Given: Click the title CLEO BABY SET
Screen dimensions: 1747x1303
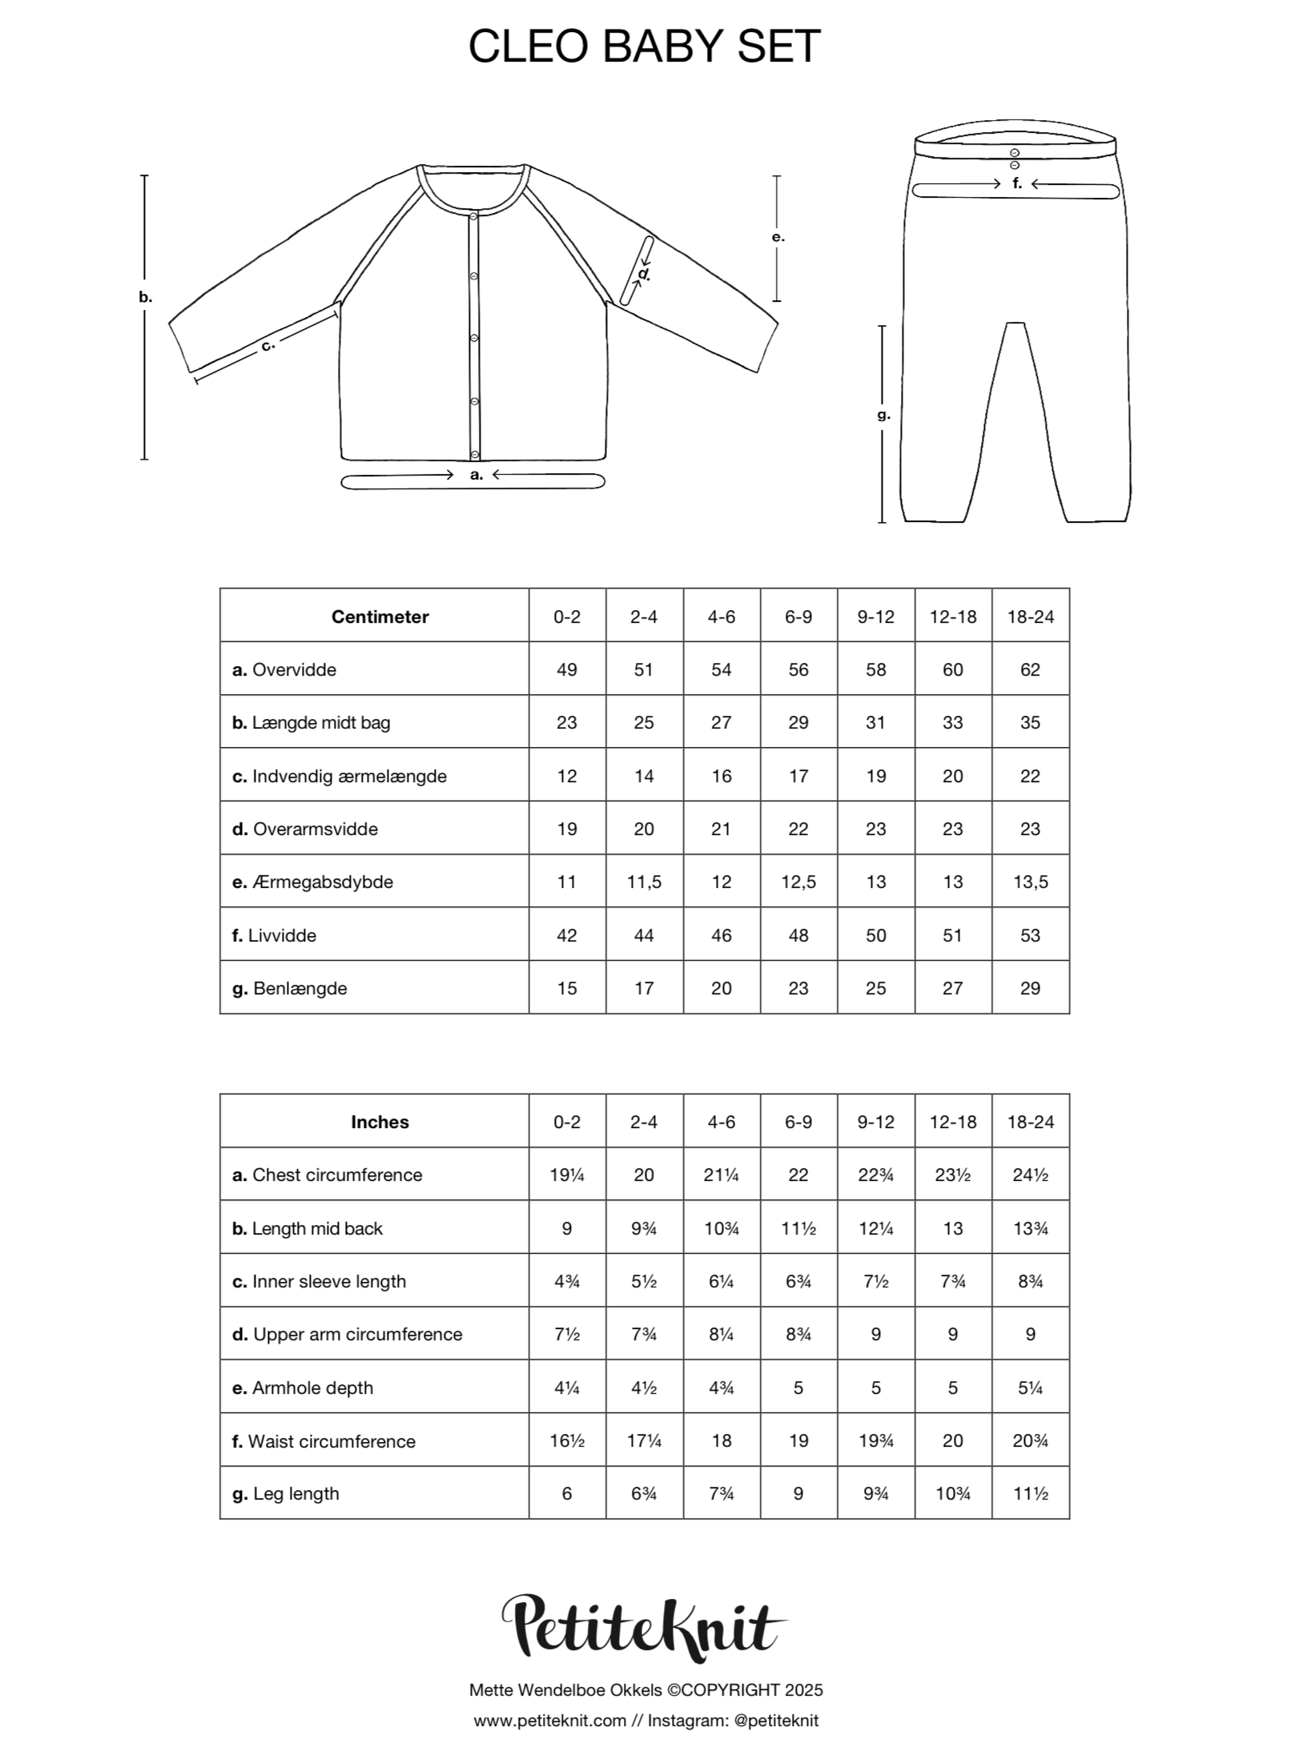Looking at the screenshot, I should coord(644,46).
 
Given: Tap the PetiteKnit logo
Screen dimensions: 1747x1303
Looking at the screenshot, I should coord(644,1625).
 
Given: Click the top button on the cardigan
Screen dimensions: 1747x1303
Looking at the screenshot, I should coord(474,216).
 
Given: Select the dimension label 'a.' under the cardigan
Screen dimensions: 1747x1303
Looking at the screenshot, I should coord(477,475).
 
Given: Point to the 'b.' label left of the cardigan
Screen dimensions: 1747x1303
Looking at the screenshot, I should coord(145,297).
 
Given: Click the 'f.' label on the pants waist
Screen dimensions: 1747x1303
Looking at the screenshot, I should coord(1017,184).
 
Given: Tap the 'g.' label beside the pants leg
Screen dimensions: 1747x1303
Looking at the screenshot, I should coord(883,415).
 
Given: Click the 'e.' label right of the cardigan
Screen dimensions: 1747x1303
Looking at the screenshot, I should coord(778,238).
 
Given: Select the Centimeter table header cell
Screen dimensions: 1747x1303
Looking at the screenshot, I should coord(380,616).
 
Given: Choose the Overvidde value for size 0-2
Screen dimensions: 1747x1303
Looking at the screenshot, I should coord(566,669).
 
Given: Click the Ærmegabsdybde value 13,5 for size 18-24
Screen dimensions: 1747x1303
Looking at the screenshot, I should coord(1030,882).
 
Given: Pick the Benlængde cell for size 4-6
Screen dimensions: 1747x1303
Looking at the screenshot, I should coord(721,988).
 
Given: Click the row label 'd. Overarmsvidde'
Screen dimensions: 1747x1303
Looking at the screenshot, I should coord(305,829).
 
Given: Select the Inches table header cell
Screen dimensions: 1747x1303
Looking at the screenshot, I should coord(380,1122).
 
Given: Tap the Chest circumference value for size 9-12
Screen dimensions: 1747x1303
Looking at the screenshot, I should coord(875,1175).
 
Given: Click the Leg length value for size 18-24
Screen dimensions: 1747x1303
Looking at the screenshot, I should coord(1030,1493).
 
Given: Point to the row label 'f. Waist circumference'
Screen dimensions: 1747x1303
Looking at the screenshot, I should coord(324,1441).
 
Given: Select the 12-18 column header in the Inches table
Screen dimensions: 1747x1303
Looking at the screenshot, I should coord(953,1122).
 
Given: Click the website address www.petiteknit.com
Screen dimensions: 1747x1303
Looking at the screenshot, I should coord(549,1721).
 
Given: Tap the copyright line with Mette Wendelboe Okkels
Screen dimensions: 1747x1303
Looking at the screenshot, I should coord(645,1690).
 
